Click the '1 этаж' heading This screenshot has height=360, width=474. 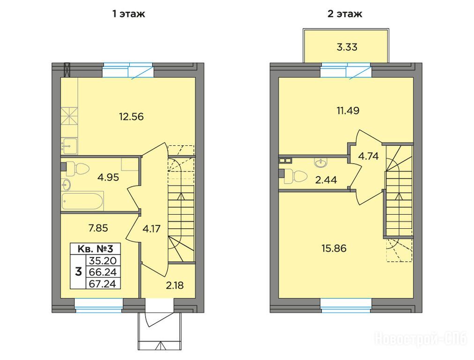click(x=129, y=14)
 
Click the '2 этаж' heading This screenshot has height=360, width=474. click(x=345, y=14)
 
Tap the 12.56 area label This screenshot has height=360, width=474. click(x=131, y=116)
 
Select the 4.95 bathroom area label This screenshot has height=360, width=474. click(x=108, y=177)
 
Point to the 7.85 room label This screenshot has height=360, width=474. click(x=98, y=227)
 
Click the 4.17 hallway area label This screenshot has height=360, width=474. click(x=151, y=229)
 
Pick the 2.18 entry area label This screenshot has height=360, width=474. click(x=175, y=285)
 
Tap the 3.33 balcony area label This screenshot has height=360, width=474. click(x=347, y=47)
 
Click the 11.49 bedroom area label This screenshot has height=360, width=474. click(x=348, y=111)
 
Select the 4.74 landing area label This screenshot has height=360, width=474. click(x=368, y=156)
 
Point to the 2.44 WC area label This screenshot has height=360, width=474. click(x=326, y=180)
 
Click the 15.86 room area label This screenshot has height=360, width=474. click(x=334, y=248)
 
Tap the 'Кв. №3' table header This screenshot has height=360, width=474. click(x=95, y=249)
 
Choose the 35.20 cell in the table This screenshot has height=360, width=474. click(x=103, y=261)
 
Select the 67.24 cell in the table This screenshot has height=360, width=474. click(x=103, y=284)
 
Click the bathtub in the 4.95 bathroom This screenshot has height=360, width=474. click(x=82, y=201)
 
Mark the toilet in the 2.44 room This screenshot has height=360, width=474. click(x=296, y=176)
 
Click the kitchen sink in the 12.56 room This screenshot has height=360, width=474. click(x=69, y=146)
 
